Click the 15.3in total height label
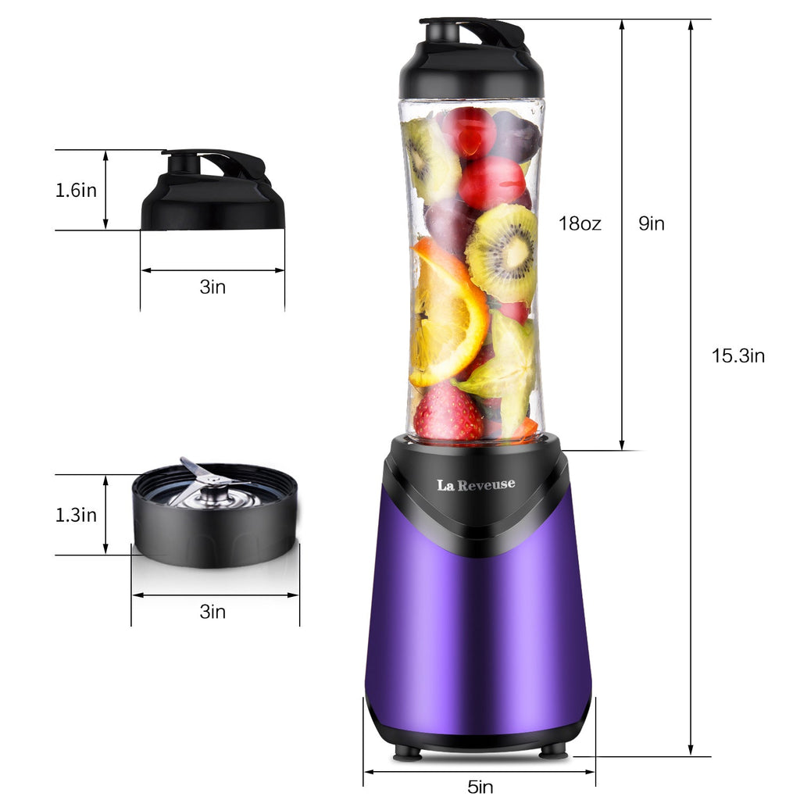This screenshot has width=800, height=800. point(737,356)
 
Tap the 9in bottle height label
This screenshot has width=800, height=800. point(652,224)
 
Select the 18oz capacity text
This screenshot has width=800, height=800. point(580,224)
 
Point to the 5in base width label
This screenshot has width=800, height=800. point(480,787)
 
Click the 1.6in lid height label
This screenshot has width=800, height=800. point(76,190)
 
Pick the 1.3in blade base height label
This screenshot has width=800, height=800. point(76,515)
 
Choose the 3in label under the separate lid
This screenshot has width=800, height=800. point(212,287)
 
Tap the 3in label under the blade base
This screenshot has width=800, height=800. point(212,611)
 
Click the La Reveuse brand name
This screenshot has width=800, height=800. point(476,484)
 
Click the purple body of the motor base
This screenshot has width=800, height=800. point(478,625)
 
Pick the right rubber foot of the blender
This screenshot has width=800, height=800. point(553,752)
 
